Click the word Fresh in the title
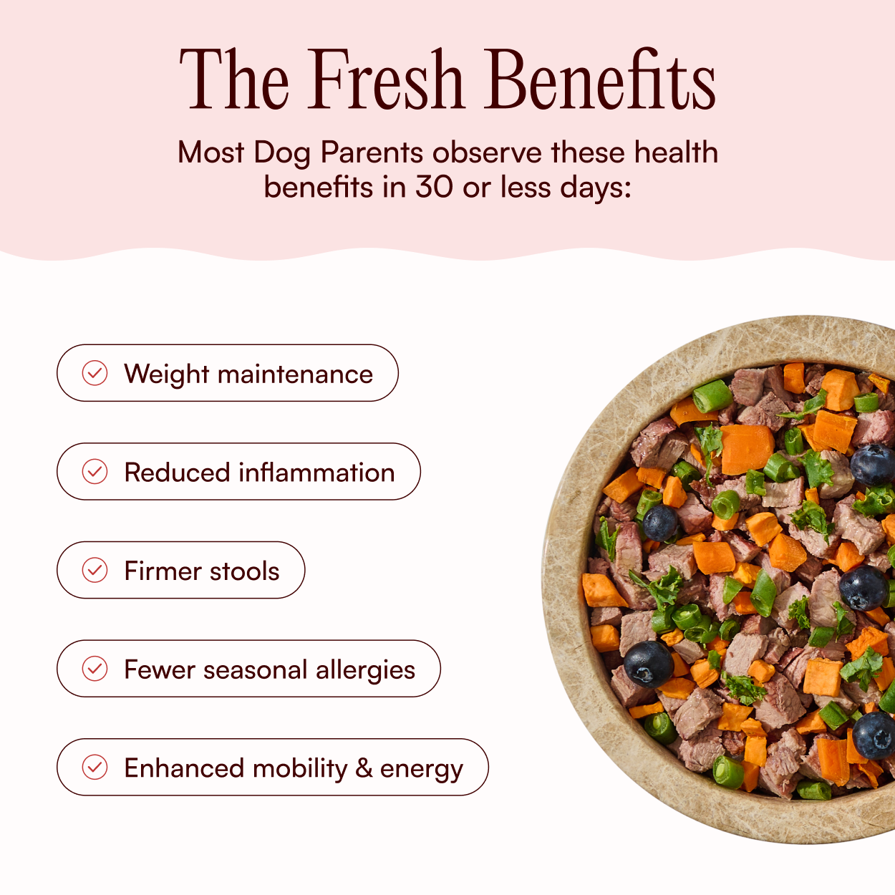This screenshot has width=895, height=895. (387, 79)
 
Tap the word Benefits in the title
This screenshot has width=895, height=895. (599, 79)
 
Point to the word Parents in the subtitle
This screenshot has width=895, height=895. (372, 153)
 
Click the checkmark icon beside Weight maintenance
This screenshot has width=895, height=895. (95, 373)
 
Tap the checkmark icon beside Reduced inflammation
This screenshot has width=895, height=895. (95, 471)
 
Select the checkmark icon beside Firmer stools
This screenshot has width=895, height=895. (95, 570)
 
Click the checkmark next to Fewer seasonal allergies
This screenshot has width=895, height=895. (95, 668)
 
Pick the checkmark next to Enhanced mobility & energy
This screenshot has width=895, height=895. (95, 767)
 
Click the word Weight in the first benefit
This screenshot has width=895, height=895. (166, 374)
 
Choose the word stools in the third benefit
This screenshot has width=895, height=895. (244, 571)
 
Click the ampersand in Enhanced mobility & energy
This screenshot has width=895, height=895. (364, 768)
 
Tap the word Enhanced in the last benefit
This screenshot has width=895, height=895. (184, 768)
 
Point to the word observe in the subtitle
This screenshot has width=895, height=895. (487, 153)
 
